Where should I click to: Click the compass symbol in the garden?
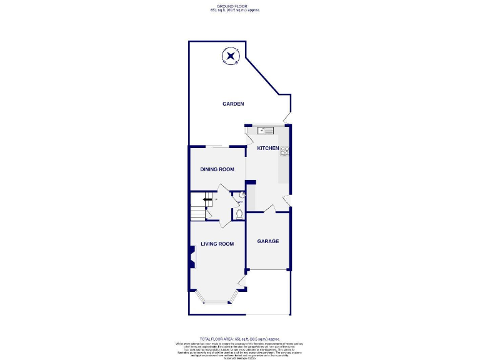(x=232, y=56)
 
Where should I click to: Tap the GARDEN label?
(x=233, y=104)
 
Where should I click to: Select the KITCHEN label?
(x=268, y=147)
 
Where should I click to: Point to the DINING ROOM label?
(x=217, y=169)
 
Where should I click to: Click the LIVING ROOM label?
(x=217, y=244)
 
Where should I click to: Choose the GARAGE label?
(x=268, y=241)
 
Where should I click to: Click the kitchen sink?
(x=266, y=131)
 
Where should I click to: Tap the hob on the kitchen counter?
(x=284, y=150)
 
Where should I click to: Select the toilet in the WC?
(x=239, y=214)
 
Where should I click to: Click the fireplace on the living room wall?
(x=192, y=256)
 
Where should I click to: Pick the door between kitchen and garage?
(x=269, y=209)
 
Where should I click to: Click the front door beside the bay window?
(x=241, y=286)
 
